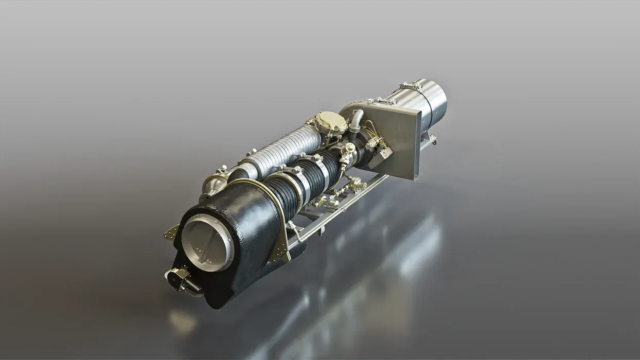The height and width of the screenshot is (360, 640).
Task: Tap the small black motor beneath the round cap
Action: (x=180, y=279)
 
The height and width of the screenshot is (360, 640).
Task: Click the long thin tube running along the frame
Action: (x=340, y=206)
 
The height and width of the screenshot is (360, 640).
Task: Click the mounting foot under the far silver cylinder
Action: (x=430, y=138)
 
